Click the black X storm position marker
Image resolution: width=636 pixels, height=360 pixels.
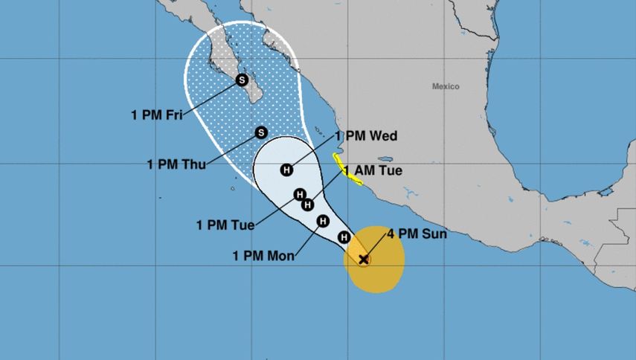[364, 260]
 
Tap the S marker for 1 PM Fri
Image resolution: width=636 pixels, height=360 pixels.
[241, 80]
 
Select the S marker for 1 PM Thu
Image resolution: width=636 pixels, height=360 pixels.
[261, 132]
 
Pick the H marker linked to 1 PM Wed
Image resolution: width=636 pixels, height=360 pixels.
[286, 170]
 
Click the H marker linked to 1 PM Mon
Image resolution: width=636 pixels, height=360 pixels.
[324, 221]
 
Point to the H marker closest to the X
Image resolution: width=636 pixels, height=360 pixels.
[344, 237]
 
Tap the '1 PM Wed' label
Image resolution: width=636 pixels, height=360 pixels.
[366, 136]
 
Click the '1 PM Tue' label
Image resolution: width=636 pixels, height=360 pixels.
[225, 224]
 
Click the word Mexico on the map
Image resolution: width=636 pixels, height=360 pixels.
[446, 86]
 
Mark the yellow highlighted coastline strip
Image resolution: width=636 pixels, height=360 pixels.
[347, 172]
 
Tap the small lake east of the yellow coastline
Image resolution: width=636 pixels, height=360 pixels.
[385, 158]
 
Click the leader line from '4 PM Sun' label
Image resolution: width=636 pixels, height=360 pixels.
[377, 245]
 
